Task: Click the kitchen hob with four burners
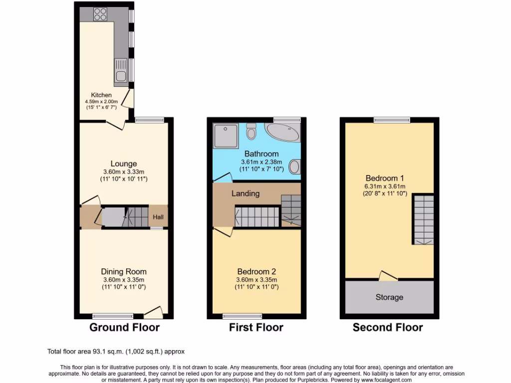tap(100, 14)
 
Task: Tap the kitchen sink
tap(121, 70)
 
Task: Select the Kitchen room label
tap(101, 95)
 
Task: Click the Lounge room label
tap(124, 164)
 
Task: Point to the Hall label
tap(158, 217)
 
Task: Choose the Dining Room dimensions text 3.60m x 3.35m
tap(124, 280)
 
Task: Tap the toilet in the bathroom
tap(251, 132)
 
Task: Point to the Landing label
tap(246, 193)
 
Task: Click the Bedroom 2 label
tap(256, 271)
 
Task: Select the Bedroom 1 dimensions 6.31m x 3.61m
tap(385, 187)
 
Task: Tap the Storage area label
tap(389, 297)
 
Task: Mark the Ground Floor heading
tap(124, 328)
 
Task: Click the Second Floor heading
tap(388, 328)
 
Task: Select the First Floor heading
tap(256, 328)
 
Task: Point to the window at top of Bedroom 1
tap(392, 119)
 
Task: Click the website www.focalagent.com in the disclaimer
tap(368, 380)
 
